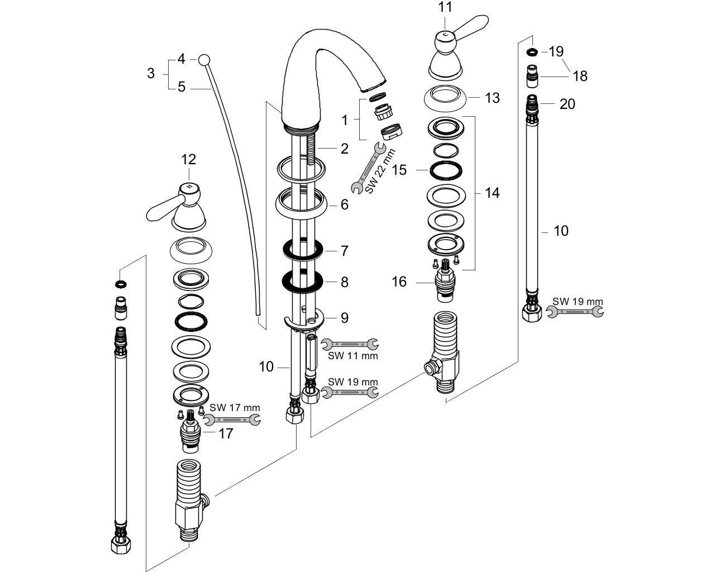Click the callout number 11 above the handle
pos(445,7)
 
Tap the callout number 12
pos(188,159)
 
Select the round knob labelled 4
pos(204,60)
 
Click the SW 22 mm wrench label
pos(381,171)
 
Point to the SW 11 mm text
pos(353,356)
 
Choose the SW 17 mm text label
pos(235,407)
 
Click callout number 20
pos(567,104)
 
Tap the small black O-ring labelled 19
pos(532,52)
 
